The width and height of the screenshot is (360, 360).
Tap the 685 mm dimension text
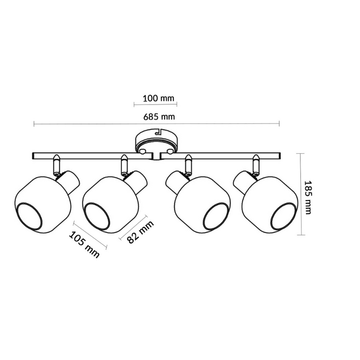[x=158, y=117]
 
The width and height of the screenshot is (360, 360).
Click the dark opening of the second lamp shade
[x=97, y=214]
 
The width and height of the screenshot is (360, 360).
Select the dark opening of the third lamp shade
[x=215, y=214]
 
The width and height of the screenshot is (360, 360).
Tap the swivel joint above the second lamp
[x=123, y=165]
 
